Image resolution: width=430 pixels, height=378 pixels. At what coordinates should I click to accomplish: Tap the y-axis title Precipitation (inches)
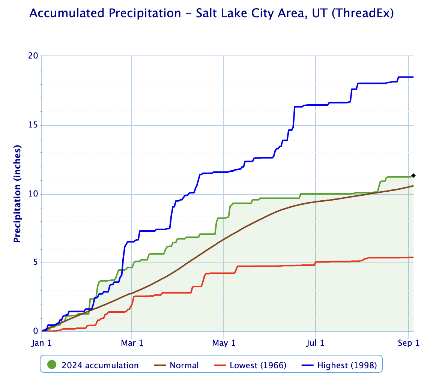(17, 193)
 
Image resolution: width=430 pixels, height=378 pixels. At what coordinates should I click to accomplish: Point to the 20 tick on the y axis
(33, 55)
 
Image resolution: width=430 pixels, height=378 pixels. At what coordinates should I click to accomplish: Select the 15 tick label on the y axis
(33, 125)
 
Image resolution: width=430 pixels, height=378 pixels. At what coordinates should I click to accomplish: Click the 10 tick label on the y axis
(33, 194)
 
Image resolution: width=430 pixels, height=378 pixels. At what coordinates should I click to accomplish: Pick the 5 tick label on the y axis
(36, 262)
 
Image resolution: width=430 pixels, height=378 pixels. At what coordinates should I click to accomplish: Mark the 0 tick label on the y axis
(36, 331)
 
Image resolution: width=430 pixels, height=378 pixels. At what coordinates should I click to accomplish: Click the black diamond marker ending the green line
(413, 175)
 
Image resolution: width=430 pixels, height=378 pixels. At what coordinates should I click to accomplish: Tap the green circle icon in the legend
(52, 365)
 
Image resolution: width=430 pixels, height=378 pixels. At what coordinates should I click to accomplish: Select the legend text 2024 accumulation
(100, 365)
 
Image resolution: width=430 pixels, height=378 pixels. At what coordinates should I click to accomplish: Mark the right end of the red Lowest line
(413, 257)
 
